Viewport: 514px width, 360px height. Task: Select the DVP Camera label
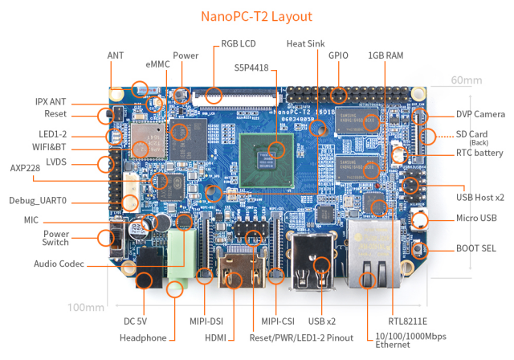pyautogui.click(x=480, y=114)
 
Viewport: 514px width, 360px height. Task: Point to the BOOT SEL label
pyautogui.click(x=479, y=247)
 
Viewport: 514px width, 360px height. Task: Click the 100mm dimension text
pyautogui.click(x=86, y=307)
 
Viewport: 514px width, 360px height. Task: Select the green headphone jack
pyautogui.click(x=182, y=257)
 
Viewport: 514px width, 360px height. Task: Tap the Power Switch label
pyautogui.click(x=55, y=239)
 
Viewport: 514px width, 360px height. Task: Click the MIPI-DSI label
pyautogui.click(x=206, y=321)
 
